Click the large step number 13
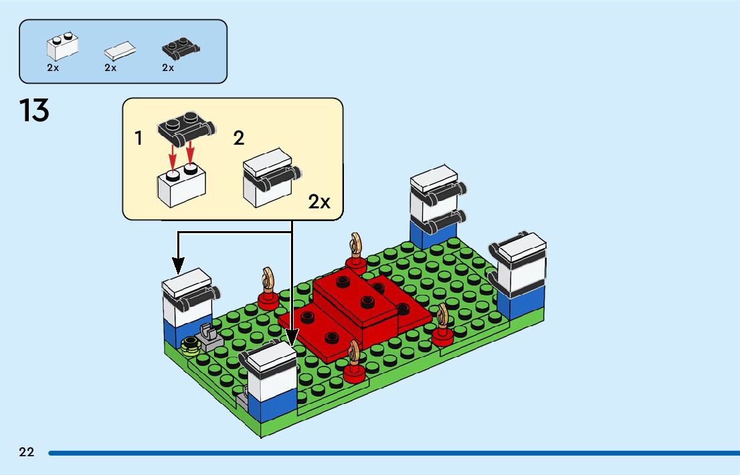pos(34,110)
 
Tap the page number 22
pos(27,452)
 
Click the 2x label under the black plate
pos(168,68)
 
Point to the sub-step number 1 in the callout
pos(138,139)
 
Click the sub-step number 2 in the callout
pos(239,139)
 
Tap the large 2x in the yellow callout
pos(319,202)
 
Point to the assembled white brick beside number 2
pos(268,178)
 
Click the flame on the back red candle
pos(356,243)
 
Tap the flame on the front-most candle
pos(354,350)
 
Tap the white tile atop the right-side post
pos(521,246)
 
